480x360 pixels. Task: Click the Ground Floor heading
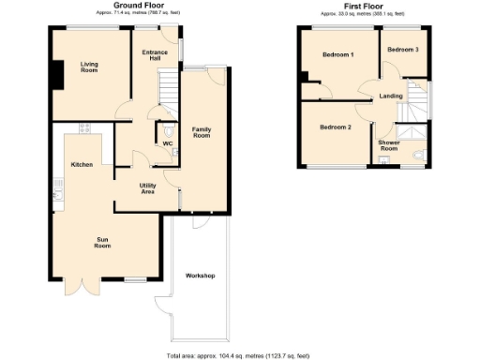(134, 6)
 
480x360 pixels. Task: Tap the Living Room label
(90, 67)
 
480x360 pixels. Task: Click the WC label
(168, 143)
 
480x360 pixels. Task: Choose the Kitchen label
(82, 165)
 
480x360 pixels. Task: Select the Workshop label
(201, 277)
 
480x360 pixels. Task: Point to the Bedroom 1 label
(337, 55)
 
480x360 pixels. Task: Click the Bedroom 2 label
(335, 127)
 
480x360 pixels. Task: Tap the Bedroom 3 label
(403, 49)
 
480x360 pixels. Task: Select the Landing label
(391, 97)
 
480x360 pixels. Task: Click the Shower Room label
(388, 146)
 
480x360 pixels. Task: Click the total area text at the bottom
(238, 355)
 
